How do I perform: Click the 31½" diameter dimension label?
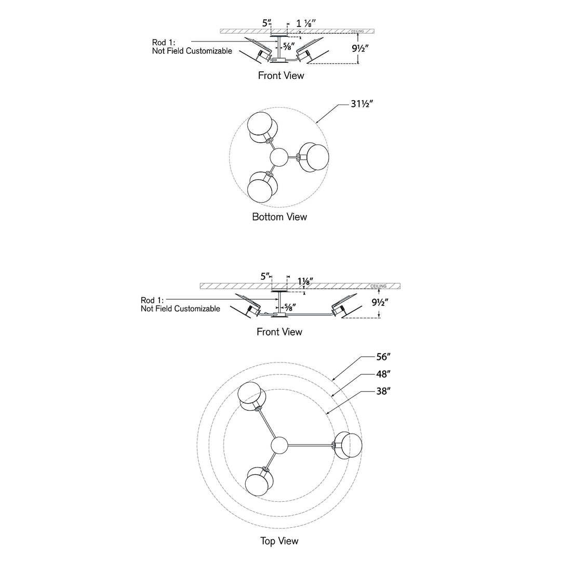[x=362, y=104]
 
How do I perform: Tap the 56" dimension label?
[x=383, y=357]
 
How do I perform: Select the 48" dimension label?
[x=383, y=374]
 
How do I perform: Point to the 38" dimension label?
[x=383, y=391]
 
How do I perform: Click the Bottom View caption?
[x=279, y=217]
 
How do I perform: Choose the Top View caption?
[x=279, y=541]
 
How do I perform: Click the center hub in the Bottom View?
[x=279, y=157]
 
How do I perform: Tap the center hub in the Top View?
[x=279, y=446]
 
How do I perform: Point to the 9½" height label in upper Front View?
[x=360, y=48]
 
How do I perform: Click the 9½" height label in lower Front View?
[x=380, y=302]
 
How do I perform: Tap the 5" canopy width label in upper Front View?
[x=267, y=23]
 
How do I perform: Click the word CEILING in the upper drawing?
[x=357, y=32]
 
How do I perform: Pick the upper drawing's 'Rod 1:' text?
[x=164, y=43]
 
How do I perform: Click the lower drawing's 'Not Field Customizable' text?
[x=180, y=309]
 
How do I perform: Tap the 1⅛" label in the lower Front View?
[x=305, y=281]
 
